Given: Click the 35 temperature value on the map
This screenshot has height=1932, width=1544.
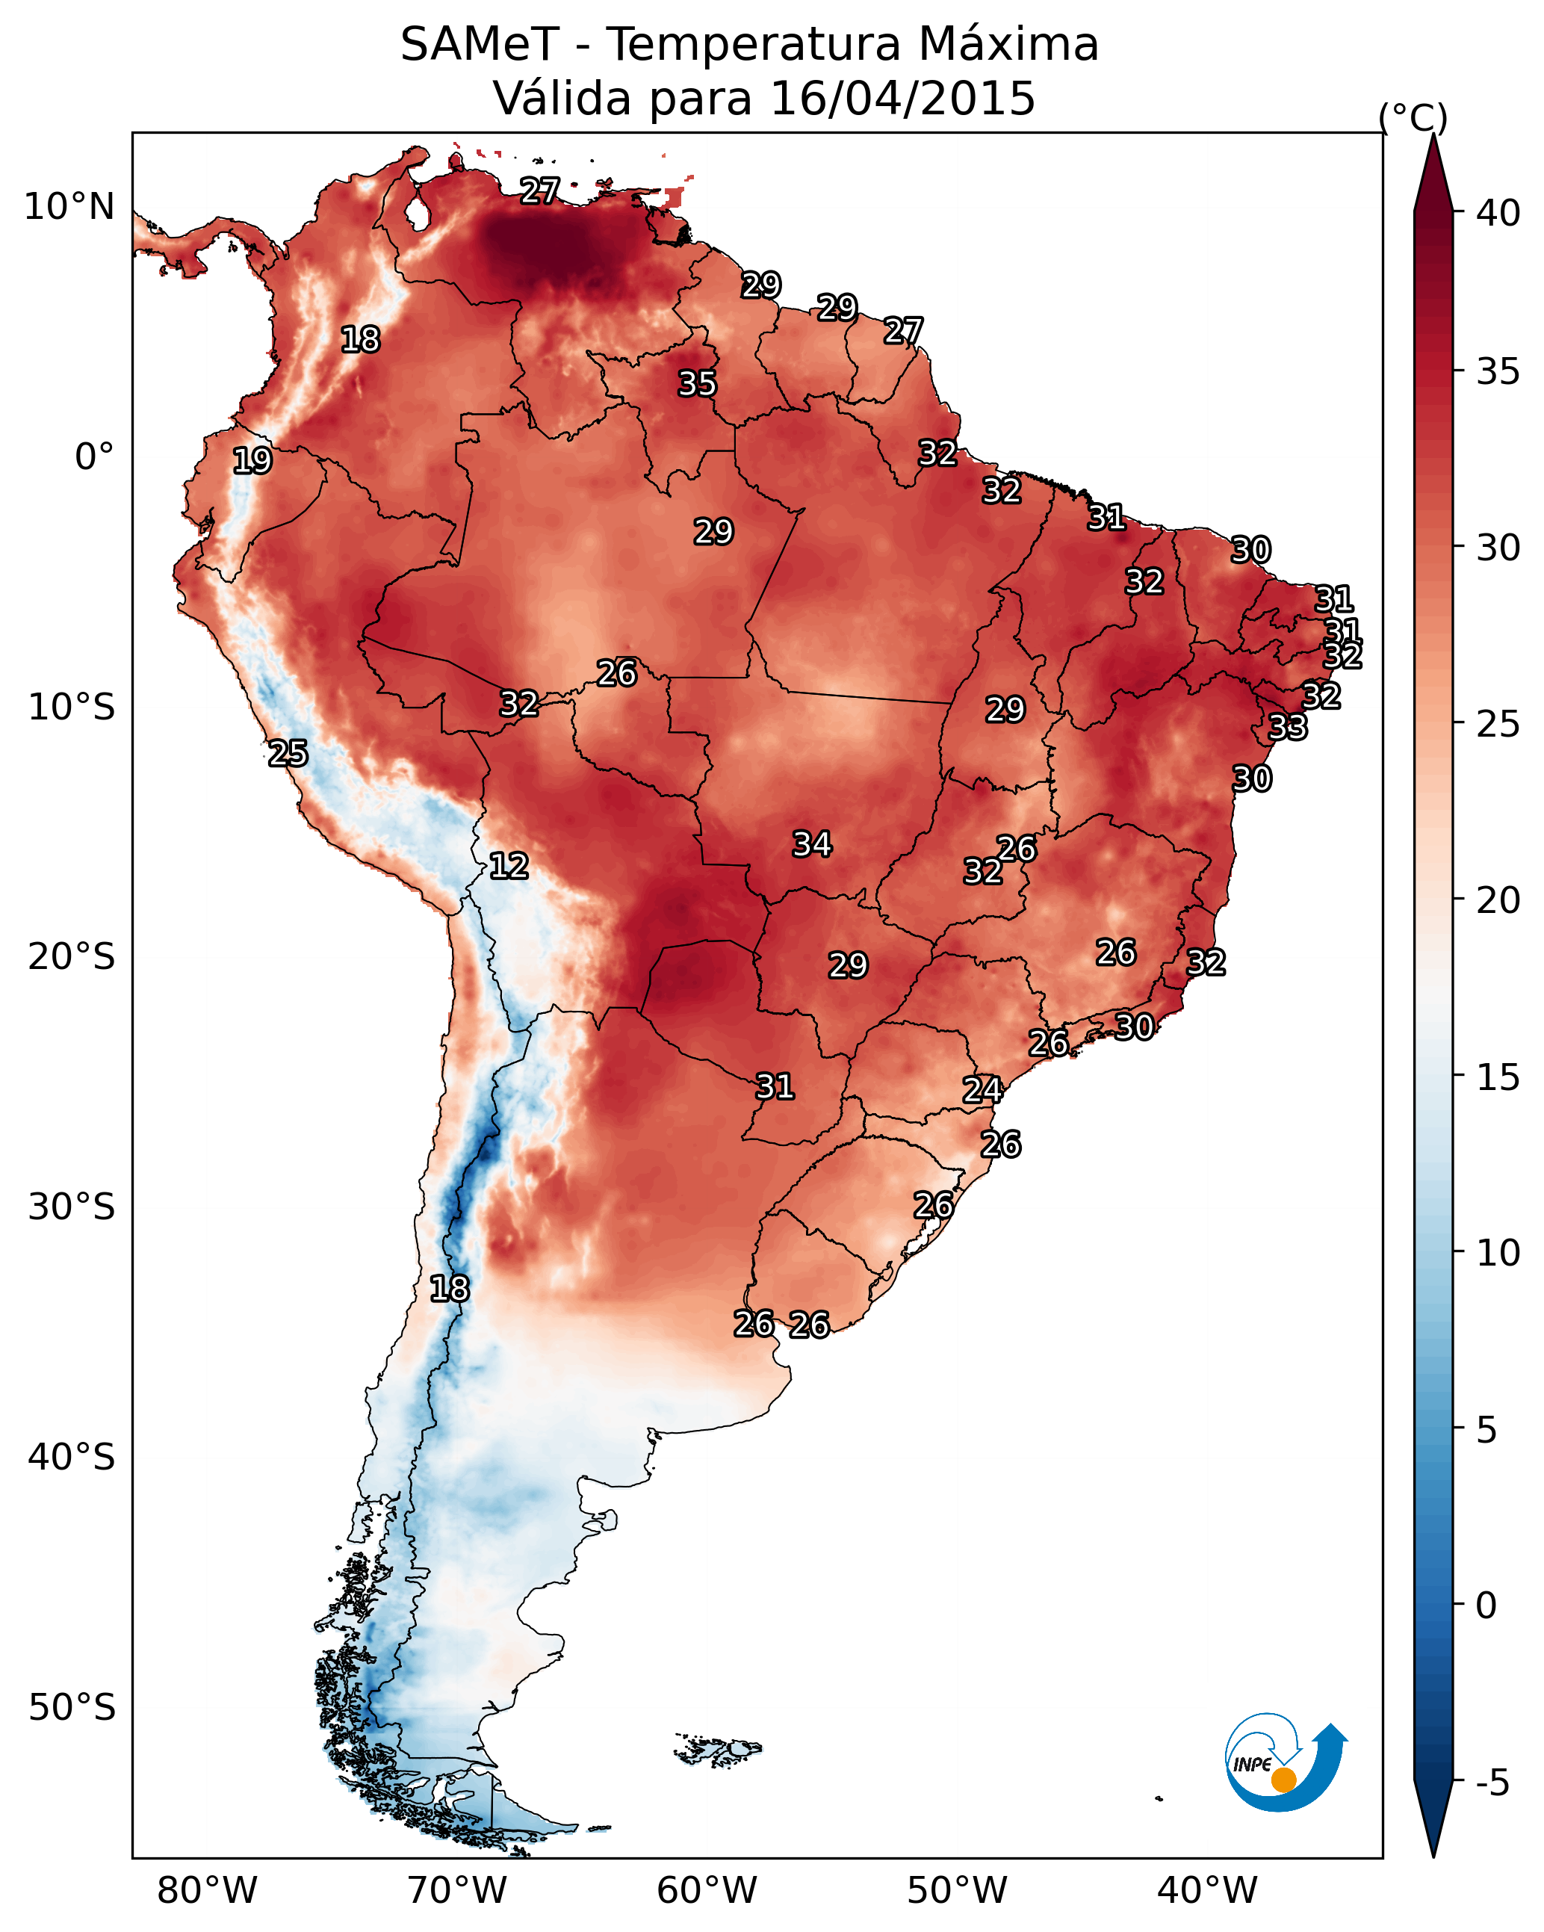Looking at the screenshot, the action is pyautogui.click(x=697, y=383).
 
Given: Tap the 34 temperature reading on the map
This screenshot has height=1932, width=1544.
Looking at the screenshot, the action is pyautogui.click(x=812, y=844).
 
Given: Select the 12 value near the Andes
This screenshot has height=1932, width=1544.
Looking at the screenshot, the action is pyautogui.click(x=508, y=866).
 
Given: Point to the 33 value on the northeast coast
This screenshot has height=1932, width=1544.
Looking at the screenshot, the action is pyautogui.click(x=1288, y=728).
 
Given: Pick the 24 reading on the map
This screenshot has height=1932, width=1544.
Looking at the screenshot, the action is pyautogui.click(x=982, y=1090).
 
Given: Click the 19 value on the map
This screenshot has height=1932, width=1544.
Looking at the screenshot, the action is pyautogui.click(x=252, y=461).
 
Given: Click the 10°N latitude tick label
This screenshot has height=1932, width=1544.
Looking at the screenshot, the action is pyautogui.click(x=69, y=207).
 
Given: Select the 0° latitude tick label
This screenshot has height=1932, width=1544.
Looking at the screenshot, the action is pyautogui.click(x=94, y=457).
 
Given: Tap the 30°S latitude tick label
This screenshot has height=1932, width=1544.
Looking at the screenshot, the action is pyautogui.click(x=72, y=1208).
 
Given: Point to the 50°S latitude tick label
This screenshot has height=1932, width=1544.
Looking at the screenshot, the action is pyautogui.click(x=72, y=1708).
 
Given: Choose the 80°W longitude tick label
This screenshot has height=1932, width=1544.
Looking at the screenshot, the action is pyautogui.click(x=207, y=1891).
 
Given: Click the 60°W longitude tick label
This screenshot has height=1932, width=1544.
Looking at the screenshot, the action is pyautogui.click(x=707, y=1891).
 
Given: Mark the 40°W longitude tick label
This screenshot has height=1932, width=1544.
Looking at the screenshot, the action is pyautogui.click(x=1207, y=1891).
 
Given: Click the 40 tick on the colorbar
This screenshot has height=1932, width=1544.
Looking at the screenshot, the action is pyautogui.click(x=1498, y=213).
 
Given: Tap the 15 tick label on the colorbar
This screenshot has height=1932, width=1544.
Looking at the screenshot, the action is pyautogui.click(x=1498, y=1077).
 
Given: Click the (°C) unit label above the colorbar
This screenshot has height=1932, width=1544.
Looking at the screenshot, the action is pyautogui.click(x=1413, y=117).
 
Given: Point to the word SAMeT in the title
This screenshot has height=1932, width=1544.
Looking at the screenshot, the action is pyautogui.click(x=480, y=45).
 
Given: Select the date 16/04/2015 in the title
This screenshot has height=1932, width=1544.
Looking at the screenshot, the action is pyautogui.click(x=902, y=98).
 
